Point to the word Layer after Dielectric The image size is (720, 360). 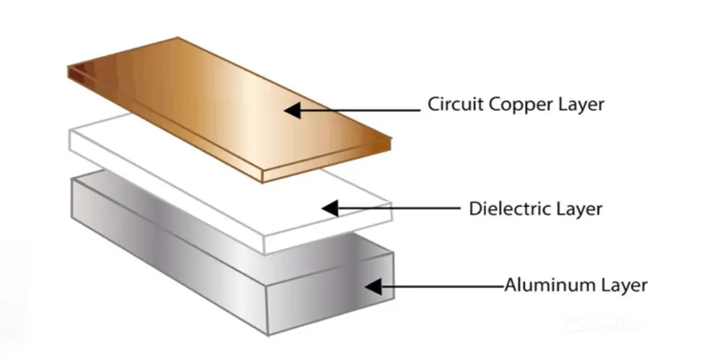580,210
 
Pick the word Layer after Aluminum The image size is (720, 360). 624,285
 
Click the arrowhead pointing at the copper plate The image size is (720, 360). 292,110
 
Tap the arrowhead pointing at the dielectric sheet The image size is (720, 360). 330,208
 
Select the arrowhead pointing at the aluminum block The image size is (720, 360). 372,287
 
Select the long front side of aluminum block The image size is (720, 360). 166,252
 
